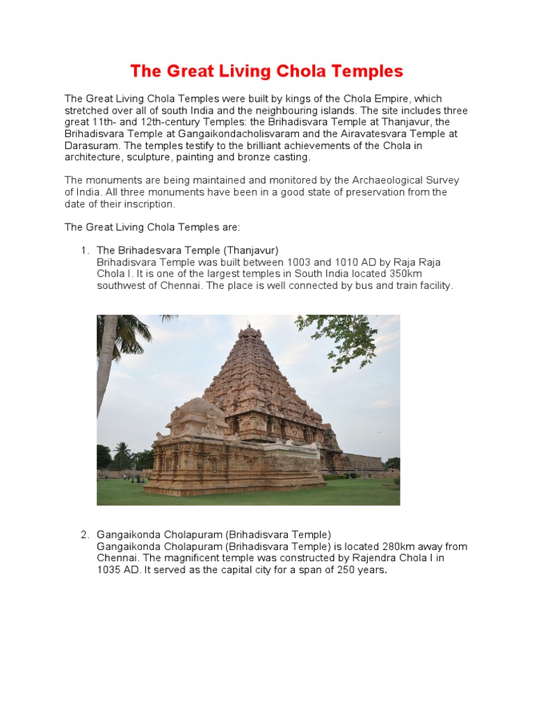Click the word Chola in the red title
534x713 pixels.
pos(299,71)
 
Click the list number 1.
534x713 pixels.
pos(84,250)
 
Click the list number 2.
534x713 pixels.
pos(84,535)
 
